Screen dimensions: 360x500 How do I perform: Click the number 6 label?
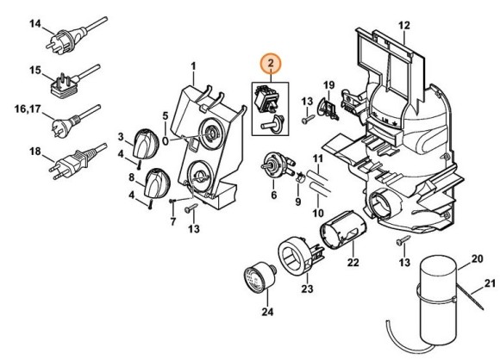pos(273,196)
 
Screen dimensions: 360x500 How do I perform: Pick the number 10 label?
pos(317,213)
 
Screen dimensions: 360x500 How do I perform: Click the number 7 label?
pos(172,222)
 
